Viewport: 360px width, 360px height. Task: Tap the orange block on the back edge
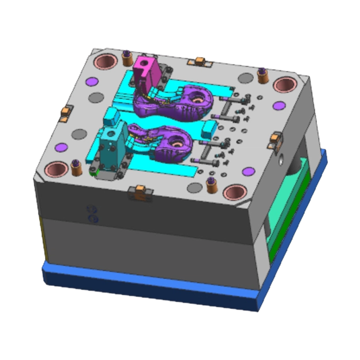(199, 61)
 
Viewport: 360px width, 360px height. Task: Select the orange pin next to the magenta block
(126, 58)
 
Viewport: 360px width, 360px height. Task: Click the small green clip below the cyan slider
(94, 171)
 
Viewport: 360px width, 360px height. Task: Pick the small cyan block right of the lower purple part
(207, 130)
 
